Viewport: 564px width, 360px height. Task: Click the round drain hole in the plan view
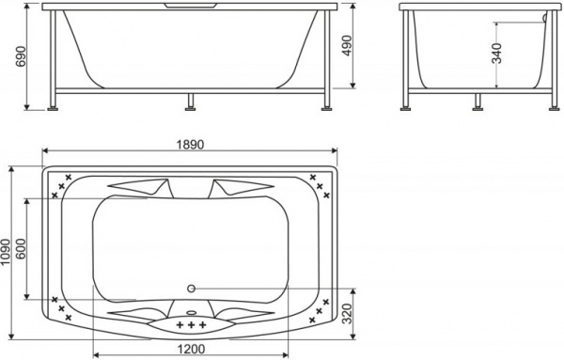(x=191, y=289)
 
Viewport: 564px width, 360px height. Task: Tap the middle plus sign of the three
(x=191, y=325)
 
